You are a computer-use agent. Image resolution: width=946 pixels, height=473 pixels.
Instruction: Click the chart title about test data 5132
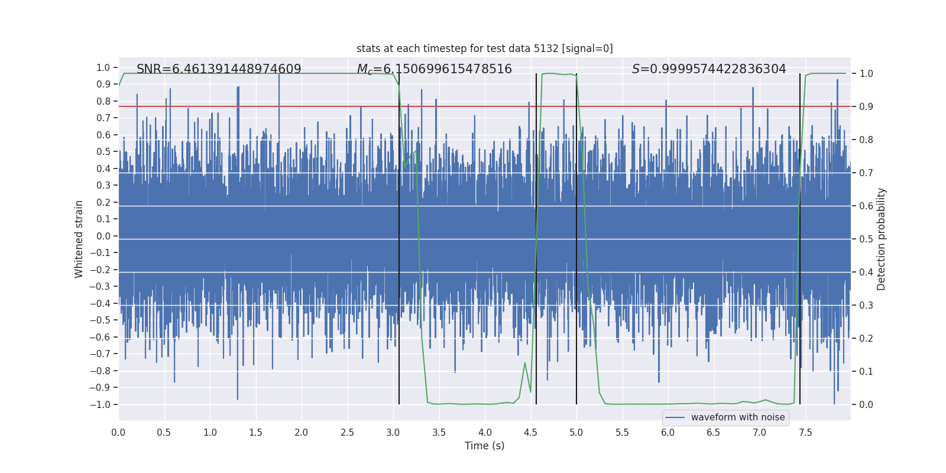(x=484, y=48)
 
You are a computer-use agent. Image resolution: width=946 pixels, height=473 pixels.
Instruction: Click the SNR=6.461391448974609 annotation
(x=219, y=69)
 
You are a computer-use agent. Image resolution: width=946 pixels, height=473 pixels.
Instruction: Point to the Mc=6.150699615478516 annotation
(x=434, y=69)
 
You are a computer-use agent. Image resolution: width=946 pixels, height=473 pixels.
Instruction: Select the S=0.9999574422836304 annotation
(x=709, y=69)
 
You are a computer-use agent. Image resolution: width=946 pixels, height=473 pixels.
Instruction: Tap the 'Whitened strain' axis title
(x=79, y=239)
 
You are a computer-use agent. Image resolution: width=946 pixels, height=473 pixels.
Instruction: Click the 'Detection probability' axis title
(x=882, y=239)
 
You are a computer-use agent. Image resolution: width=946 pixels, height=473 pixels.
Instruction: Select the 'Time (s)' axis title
(x=484, y=446)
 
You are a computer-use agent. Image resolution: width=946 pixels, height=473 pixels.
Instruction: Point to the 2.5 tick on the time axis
(x=347, y=433)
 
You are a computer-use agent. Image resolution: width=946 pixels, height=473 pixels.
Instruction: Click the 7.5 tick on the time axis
(x=805, y=433)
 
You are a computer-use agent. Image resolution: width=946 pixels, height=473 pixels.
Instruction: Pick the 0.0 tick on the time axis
(x=118, y=433)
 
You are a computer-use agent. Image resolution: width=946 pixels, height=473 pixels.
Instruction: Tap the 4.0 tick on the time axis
(x=485, y=433)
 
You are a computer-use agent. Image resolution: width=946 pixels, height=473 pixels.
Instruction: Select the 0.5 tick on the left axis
(x=103, y=152)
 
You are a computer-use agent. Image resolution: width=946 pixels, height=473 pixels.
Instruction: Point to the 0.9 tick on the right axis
(x=866, y=107)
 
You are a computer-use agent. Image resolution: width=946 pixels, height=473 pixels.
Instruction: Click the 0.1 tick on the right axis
(x=866, y=371)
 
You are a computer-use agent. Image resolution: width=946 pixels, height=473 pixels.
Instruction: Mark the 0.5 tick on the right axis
(x=866, y=239)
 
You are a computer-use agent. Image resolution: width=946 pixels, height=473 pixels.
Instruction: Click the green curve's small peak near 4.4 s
(x=525, y=363)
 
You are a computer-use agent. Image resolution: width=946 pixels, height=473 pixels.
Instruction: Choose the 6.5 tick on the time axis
(x=714, y=433)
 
